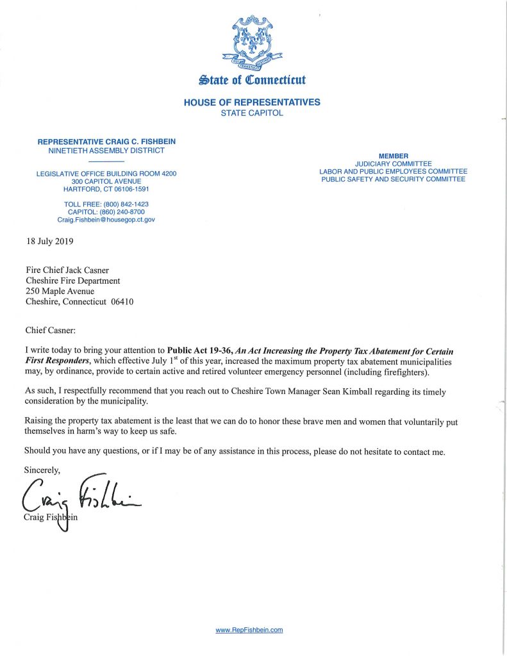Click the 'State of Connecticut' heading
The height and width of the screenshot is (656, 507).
pyautogui.click(x=253, y=80)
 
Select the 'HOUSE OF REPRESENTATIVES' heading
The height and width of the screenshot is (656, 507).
pyautogui.click(x=252, y=102)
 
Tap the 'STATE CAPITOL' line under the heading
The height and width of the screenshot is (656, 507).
pyautogui.click(x=252, y=113)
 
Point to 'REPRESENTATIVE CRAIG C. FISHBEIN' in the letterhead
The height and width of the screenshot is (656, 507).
pyautogui.click(x=106, y=141)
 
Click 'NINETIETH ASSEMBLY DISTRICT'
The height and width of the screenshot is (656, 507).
pyautogui.click(x=106, y=151)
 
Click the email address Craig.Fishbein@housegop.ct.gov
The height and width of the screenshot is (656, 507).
pyautogui.click(x=106, y=220)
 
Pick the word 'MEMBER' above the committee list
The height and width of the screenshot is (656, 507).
pyautogui.click(x=393, y=156)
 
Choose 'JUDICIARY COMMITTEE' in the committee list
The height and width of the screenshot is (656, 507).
pyautogui.click(x=393, y=164)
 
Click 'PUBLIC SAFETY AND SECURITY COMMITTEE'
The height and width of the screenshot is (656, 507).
pyautogui.click(x=393, y=179)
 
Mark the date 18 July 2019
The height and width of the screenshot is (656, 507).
pyautogui.click(x=50, y=242)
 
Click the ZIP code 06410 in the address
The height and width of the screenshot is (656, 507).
pyautogui.click(x=122, y=302)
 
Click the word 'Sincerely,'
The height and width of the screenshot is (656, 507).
pyautogui.click(x=42, y=471)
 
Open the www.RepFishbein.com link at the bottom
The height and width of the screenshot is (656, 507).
pyautogui.click(x=249, y=630)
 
